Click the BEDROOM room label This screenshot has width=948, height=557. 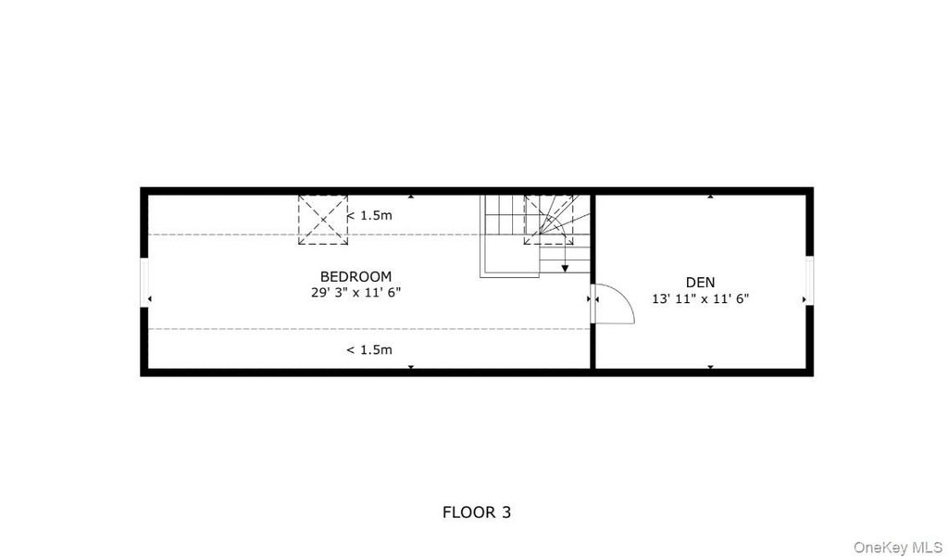pyautogui.click(x=355, y=277)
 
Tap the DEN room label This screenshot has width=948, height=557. pyautogui.click(x=700, y=282)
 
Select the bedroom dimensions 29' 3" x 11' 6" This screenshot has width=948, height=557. pyautogui.click(x=355, y=292)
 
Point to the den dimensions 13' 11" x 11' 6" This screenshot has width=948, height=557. pyautogui.click(x=700, y=298)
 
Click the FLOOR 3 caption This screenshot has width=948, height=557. pyautogui.click(x=477, y=513)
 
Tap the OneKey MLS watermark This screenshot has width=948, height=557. pyautogui.click(x=898, y=548)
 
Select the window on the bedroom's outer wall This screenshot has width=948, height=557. pyautogui.click(x=144, y=283)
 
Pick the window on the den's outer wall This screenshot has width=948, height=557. pyautogui.click(x=809, y=281)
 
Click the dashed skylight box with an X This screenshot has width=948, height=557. pyautogui.click(x=323, y=220)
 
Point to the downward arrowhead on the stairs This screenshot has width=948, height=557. pyautogui.click(x=565, y=268)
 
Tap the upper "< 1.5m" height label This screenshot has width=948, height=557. pyautogui.click(x=369, y=215)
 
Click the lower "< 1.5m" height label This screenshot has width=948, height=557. pyautogui.click(x=369, y=350)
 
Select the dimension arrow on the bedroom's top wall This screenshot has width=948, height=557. pyautogui.click(x=411, y=196)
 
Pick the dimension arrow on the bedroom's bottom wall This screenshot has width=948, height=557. pyautogui.click(x=411, y=367)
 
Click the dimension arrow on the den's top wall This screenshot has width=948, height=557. pyautogui.click(x=710, y=196)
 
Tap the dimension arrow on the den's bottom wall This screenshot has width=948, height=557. pyautogui.click(x=710, y=367)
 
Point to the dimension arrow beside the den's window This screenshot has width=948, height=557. pyautogui.click(x=805, y=299)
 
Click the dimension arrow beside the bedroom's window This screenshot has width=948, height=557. pyautogui.click(x=150, y=299)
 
